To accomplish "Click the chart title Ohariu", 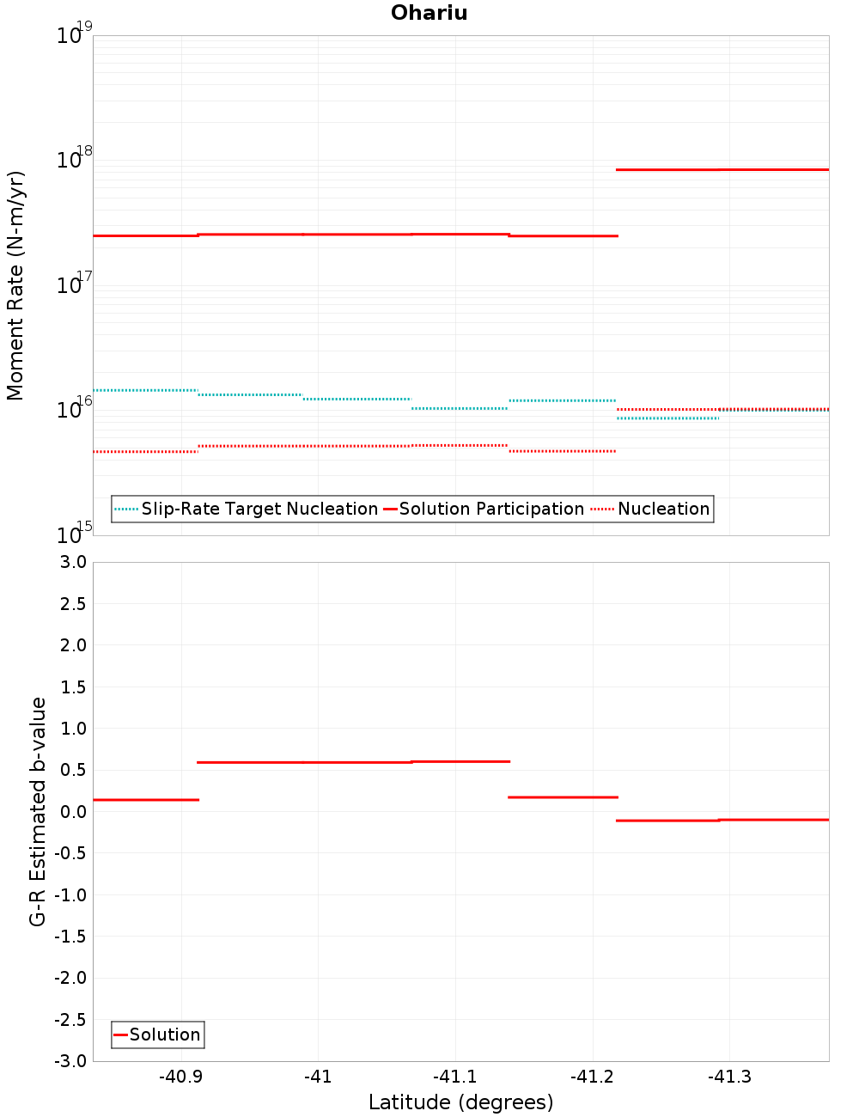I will [x=429, y=13].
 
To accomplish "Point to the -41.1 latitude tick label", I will [x=454, y=1077].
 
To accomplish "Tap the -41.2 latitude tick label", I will [x=592, y=1077].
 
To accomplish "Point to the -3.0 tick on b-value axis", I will [x=71, y=1061].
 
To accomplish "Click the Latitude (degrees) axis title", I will [x=460, y=1102].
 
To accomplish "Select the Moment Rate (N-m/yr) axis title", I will [x=15, y=285].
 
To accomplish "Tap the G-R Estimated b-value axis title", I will [x=38, y=811].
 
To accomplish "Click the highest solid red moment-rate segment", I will [x=722, y=169].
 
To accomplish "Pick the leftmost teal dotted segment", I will [x=145, y=390].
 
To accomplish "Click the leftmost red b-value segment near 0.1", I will [x=145, y=800].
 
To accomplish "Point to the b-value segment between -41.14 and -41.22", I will [x=563, y=797].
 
